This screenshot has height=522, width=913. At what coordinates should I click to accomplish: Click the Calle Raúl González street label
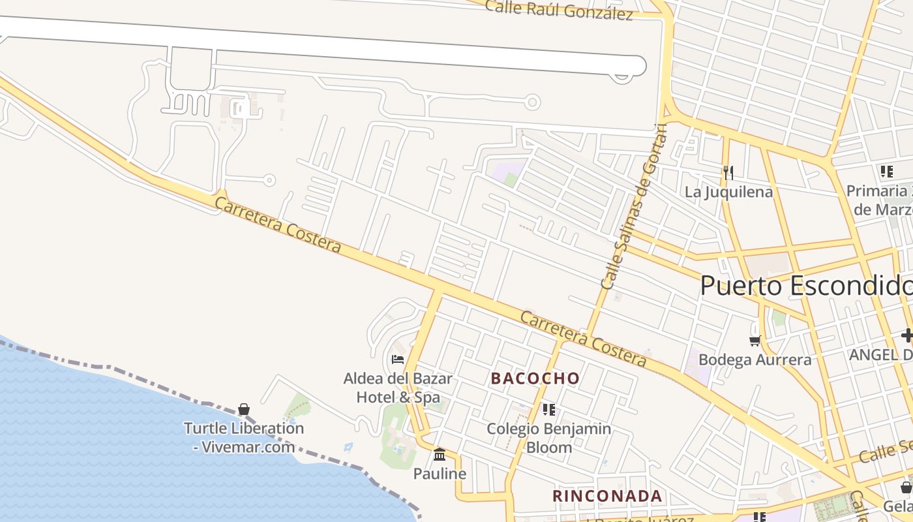coord(559,10)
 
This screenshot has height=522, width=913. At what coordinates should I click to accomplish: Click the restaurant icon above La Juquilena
coord(728,172)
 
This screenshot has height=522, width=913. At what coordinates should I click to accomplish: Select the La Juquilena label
coord(728,192)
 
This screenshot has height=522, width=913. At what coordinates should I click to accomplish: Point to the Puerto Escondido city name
coord(806,286)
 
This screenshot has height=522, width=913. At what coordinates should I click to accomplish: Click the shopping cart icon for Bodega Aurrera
coord(755,341)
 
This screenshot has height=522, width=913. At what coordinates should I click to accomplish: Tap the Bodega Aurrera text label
coord(755,360)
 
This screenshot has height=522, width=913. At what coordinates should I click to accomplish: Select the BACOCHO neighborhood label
coord(535,378)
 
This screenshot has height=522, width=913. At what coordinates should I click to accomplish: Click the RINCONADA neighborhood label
coord(607,496)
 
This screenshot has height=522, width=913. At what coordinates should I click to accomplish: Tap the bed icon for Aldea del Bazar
coord(397,360)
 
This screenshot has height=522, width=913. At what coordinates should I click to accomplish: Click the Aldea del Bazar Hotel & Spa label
coord(398,388)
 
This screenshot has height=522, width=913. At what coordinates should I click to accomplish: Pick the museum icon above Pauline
coord(440,454)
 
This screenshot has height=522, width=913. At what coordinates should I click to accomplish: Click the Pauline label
coord(440,474)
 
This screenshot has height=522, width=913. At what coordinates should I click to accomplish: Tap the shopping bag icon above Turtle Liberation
coord(244,409)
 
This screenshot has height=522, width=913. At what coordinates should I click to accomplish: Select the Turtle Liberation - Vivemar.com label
coord(244,437)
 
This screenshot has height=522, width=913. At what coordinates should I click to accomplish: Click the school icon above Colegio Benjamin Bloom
coord(549,410)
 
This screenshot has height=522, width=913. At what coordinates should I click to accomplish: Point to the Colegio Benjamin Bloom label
coord(549,438)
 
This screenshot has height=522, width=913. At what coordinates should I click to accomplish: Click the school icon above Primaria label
coord(886,172)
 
